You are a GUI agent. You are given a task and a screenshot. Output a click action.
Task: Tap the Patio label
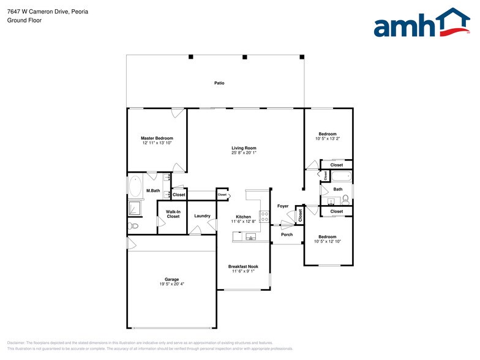[x=219, y=83]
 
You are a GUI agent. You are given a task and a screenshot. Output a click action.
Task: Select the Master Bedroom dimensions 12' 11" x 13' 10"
[x=157, y=143]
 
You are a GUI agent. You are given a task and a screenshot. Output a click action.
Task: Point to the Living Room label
[x=244, y=148]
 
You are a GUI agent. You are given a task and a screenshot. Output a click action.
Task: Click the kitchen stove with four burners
[x=264, y=216]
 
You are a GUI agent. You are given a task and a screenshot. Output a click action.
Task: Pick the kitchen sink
[x=250, y=236]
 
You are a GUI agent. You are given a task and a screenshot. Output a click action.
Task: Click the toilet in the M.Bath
[x=133, y=226]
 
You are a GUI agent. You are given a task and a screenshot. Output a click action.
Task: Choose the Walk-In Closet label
[x=173, y=214]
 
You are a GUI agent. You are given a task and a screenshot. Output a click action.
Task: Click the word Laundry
[x=202, y=216]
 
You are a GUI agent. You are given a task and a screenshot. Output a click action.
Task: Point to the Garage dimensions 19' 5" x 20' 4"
[x=171, y=283]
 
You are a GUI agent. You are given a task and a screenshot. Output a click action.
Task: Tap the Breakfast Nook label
[x=243, y=266]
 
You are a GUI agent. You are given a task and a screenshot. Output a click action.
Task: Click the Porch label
[x=287, y=234]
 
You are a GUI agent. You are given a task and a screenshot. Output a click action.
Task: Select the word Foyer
[x=282, y=206]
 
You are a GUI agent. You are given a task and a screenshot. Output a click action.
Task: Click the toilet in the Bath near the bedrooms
[x=346, y=199]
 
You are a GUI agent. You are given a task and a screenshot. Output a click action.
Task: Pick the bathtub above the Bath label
[x=341, y=177]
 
